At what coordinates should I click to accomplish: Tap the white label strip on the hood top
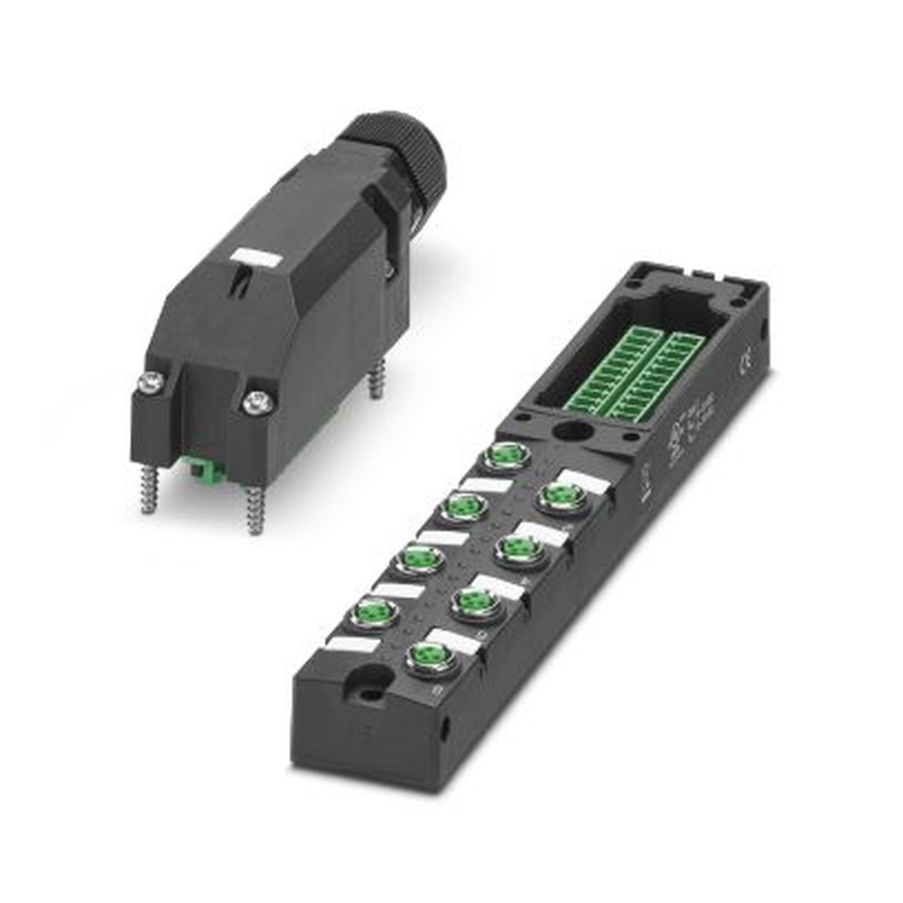click(255, 258)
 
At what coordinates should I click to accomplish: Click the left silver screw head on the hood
click(150, 383)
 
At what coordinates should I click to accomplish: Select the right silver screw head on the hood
click(257, 403)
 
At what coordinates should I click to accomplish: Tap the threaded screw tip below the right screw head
click(255, 509)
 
